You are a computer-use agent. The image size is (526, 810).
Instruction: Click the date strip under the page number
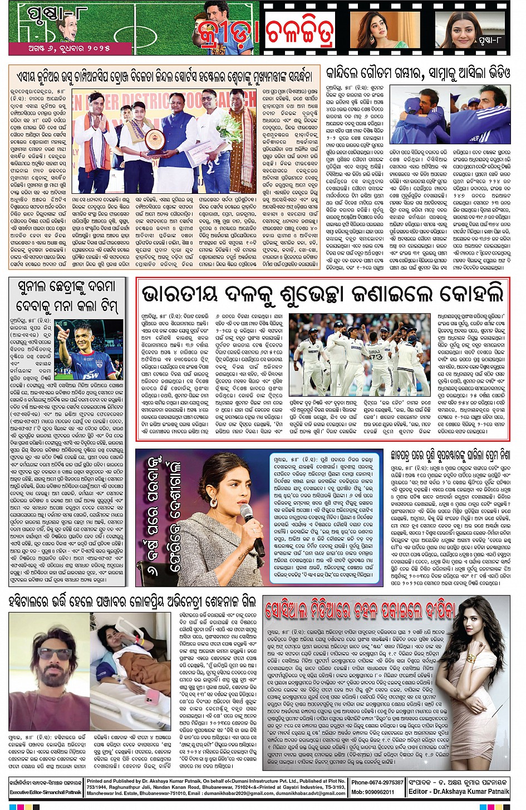(x=70, y=48)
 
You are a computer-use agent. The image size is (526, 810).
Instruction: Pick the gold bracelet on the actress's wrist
(x=472, y=658)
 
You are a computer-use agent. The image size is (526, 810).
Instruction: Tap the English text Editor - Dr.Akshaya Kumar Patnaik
(x=459, y=792)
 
